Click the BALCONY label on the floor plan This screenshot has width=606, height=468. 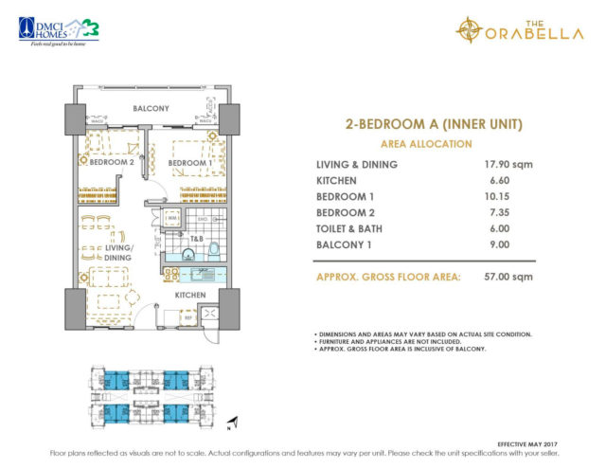151,108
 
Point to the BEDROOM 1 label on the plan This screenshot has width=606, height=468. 187,163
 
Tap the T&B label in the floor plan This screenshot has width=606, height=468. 197,239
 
